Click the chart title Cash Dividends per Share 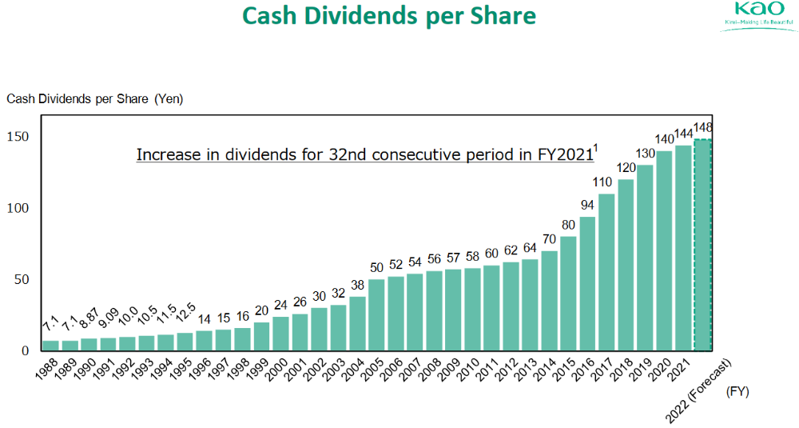(x=389, y=16)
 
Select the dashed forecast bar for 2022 (x=703, y=245)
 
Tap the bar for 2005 (x=377, y=314)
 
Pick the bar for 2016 (x=588, y=283)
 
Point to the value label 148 (x=703, y=128)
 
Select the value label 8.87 (x=87, y=320)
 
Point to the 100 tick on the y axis (x=18, y=208)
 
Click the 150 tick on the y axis (x=18, y=137)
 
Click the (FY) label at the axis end (x=738, y=393)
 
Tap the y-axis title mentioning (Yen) (x=94, y=98)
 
